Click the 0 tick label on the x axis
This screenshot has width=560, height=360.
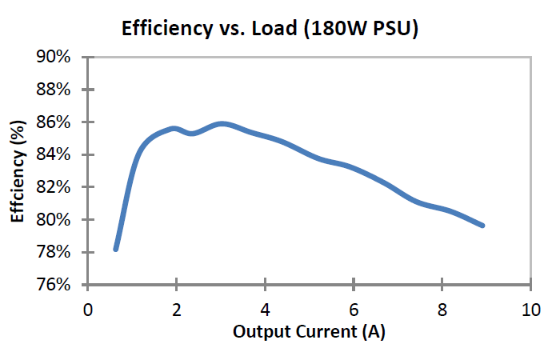(x=88, y=310)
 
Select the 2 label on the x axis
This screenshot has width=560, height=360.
(x=177, y=310)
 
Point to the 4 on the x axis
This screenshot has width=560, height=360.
(x=265, y=310)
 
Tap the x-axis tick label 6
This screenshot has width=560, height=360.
(x=354, y=310)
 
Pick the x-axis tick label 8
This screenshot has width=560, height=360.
(x=442, y=310)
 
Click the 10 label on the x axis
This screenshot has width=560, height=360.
(x=530, y=310)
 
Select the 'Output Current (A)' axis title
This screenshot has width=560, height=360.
(x=309, y=331)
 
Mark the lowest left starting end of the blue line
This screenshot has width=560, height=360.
(x=116, y=249)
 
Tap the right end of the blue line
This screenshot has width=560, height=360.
(x=482, y=226)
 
